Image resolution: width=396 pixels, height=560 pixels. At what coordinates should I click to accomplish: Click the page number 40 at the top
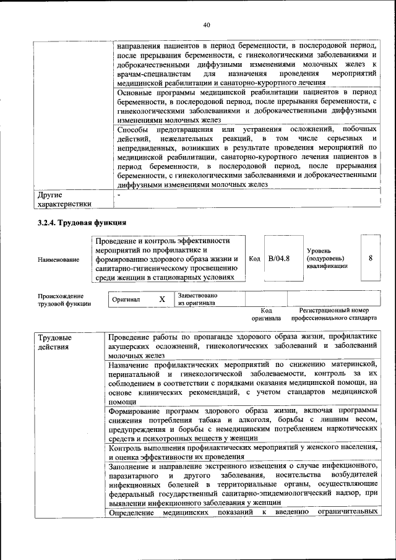[207, 24]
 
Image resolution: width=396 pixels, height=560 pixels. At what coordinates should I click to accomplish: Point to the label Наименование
[58, 259]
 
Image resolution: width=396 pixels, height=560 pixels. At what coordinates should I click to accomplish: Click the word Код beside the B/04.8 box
[254, 259]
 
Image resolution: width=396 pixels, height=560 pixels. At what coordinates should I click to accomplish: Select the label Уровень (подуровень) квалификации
[327, 258]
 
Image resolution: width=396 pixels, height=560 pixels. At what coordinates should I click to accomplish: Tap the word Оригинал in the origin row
[126, 299]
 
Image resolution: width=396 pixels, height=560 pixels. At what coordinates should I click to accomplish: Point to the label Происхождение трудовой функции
[64, 299]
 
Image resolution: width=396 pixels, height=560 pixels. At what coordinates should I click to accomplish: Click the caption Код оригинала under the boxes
[266, 314]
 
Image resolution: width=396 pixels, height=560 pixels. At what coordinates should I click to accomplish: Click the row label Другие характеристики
[65, 199]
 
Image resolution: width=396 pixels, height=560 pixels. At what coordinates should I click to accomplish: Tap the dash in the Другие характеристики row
[118, 195]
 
